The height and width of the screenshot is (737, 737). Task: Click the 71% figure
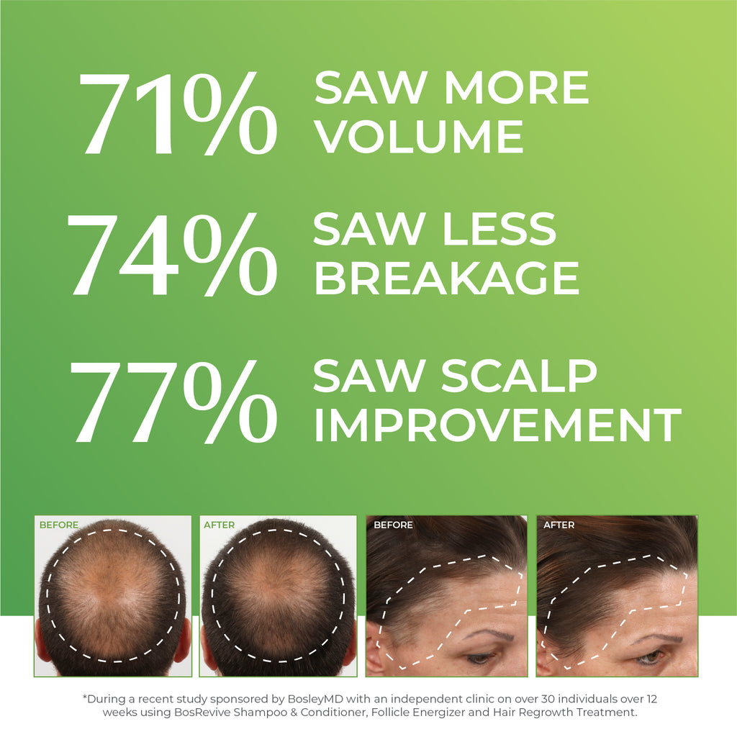pos(177,115)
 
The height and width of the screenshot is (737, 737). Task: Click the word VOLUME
pos(420,136)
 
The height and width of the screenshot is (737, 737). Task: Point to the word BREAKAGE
pos(446,278)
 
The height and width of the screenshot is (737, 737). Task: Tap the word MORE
pos(516,88)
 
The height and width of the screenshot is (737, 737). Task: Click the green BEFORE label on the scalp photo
pos(58,525)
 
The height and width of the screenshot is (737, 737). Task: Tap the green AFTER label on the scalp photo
pos(219,525)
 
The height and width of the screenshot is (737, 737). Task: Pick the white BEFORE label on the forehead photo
pos(393,525)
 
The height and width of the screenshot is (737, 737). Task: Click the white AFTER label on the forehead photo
pos(559,525)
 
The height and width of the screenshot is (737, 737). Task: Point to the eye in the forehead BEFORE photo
pos(479,657)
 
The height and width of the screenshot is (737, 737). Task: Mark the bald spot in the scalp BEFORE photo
pos(108,587)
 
